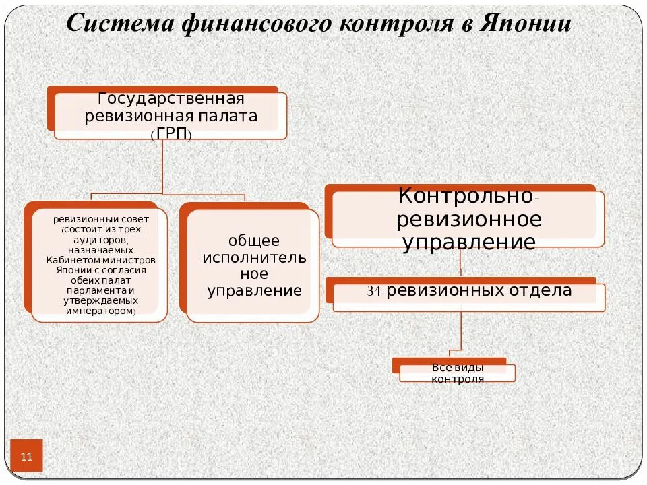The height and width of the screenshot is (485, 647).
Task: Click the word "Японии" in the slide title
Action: point(526,24)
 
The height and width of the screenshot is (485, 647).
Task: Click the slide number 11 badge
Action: point(27,456)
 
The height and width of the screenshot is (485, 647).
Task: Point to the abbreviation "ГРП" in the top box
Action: point(171,133)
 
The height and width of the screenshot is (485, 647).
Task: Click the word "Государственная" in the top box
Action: point(171,98)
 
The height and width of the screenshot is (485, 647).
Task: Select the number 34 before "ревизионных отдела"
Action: point(375,292)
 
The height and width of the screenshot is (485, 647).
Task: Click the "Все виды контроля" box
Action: point(458,373)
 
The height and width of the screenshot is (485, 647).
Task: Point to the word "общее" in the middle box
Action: point(253,240)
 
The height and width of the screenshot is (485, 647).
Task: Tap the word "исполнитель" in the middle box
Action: point(254,257)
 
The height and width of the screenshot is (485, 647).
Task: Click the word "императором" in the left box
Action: point(101,312)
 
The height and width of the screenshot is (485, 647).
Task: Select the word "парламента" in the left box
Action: point(101,290)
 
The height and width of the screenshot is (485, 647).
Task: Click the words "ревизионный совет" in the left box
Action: point(101,220)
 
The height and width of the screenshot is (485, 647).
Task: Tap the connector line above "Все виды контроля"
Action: point(460,333)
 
